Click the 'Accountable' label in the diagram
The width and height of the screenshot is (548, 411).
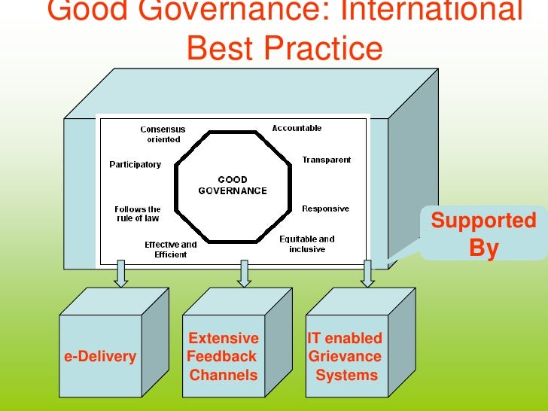point(297,128)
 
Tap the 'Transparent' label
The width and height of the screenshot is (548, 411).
point(326,160)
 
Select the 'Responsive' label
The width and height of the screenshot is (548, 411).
point(325,209)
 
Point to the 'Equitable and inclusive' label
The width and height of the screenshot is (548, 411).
point(307,244)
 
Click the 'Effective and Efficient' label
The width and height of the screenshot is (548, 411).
point(171,249)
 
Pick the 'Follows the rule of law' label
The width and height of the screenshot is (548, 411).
point(138,214)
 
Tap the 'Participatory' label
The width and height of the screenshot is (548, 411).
point(135,164)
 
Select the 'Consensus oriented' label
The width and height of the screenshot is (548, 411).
point(163,134)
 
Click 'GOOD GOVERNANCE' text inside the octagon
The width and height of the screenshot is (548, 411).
point(232,185)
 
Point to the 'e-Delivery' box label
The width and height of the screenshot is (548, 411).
point(100,357)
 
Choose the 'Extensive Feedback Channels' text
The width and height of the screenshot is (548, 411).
point(223,357)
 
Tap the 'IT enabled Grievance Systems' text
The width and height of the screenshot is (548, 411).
point(346,357)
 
